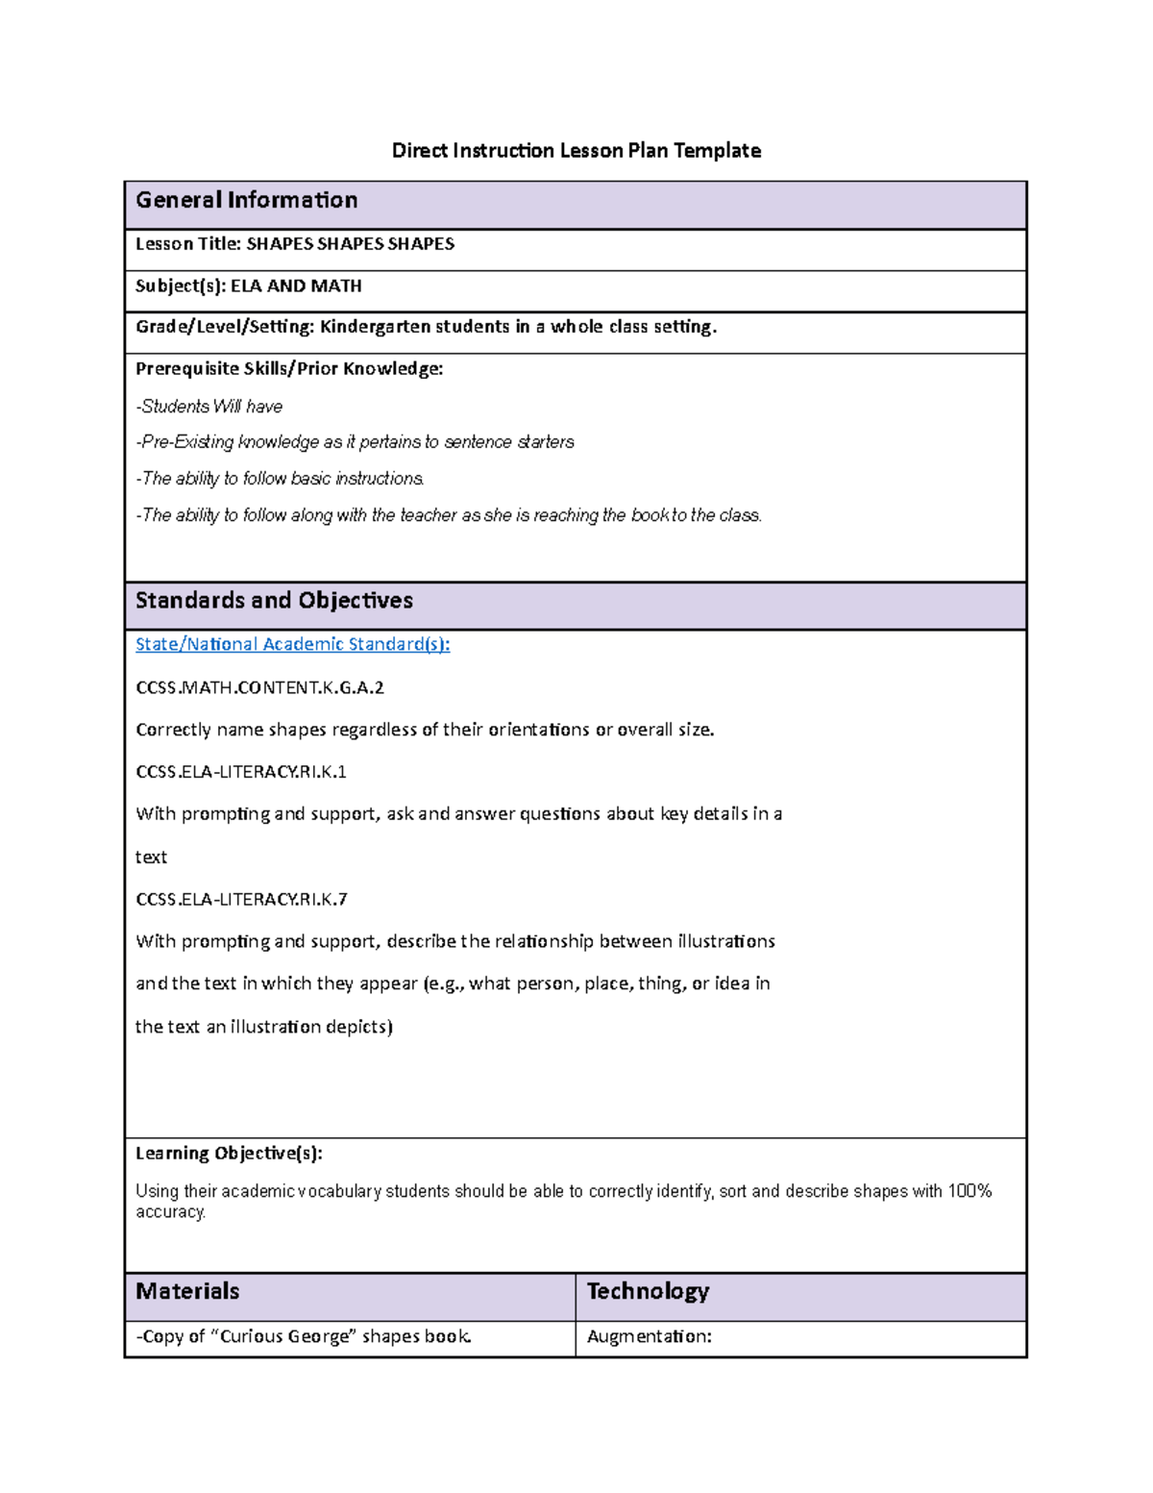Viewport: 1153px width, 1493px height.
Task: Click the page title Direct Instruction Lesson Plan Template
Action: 576,151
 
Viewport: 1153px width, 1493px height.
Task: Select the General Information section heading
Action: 246,200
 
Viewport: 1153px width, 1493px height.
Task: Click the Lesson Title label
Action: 188,244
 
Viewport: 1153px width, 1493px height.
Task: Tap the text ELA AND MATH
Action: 296,286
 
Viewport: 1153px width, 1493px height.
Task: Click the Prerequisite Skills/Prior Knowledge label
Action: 288,369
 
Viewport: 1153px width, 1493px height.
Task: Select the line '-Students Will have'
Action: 209,407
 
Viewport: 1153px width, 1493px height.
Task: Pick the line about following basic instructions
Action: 280,479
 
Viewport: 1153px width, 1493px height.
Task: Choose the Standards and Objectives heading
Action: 274,601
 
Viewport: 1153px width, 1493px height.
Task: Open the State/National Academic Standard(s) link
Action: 292,644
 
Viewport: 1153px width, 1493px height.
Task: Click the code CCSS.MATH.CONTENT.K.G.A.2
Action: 259,687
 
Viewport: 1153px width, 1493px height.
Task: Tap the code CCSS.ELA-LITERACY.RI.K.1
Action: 241,772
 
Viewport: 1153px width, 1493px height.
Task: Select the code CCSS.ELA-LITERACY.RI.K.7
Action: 241,900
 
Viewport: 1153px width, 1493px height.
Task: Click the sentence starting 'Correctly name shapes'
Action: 425,730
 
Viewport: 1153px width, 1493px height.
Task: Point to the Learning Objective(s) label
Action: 229,1154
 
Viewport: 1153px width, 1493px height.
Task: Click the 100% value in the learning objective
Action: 969,1191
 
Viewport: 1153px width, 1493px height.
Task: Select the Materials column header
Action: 187,1291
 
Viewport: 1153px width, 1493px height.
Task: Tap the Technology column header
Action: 648,1291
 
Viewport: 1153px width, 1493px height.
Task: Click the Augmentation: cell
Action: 649,1336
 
